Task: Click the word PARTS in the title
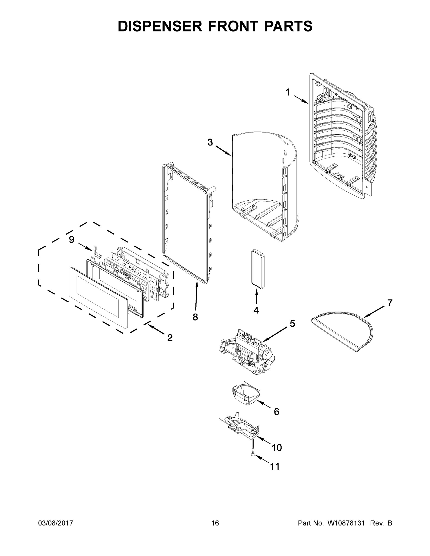coord(288,26)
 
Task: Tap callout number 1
coord(288,92)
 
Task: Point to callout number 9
coord(72,240)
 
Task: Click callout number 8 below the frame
coord(195,317)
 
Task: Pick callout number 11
coord(275,466)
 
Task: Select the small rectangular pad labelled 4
coord(257,269)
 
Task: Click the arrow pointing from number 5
coord(275,334)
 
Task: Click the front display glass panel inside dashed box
coord(98,297)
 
